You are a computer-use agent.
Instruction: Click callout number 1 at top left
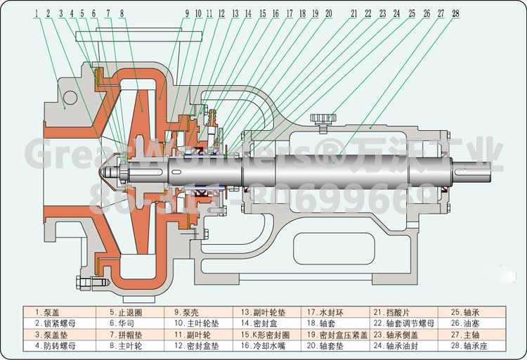pyautogui.click(x=36, y=13)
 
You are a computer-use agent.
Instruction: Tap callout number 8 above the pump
pyautogui.click(x=122, y=13)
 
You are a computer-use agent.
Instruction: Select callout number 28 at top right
pyautogui.click(x=456, y=13)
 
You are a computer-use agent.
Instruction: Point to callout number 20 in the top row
pyautogui.click(x=328, y=13)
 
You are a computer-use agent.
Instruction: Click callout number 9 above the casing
pyautogui.click(x=187, y=13)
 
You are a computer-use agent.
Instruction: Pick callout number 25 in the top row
pyautogui.click(x=411, y=13)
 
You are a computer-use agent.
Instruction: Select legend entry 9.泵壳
pyautogui.click(x=188, y=311)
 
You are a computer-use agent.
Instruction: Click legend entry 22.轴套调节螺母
pyautogui.click(x=407, y=323)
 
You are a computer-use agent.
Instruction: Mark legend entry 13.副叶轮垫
pyautogui.click(x=263, y=311)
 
